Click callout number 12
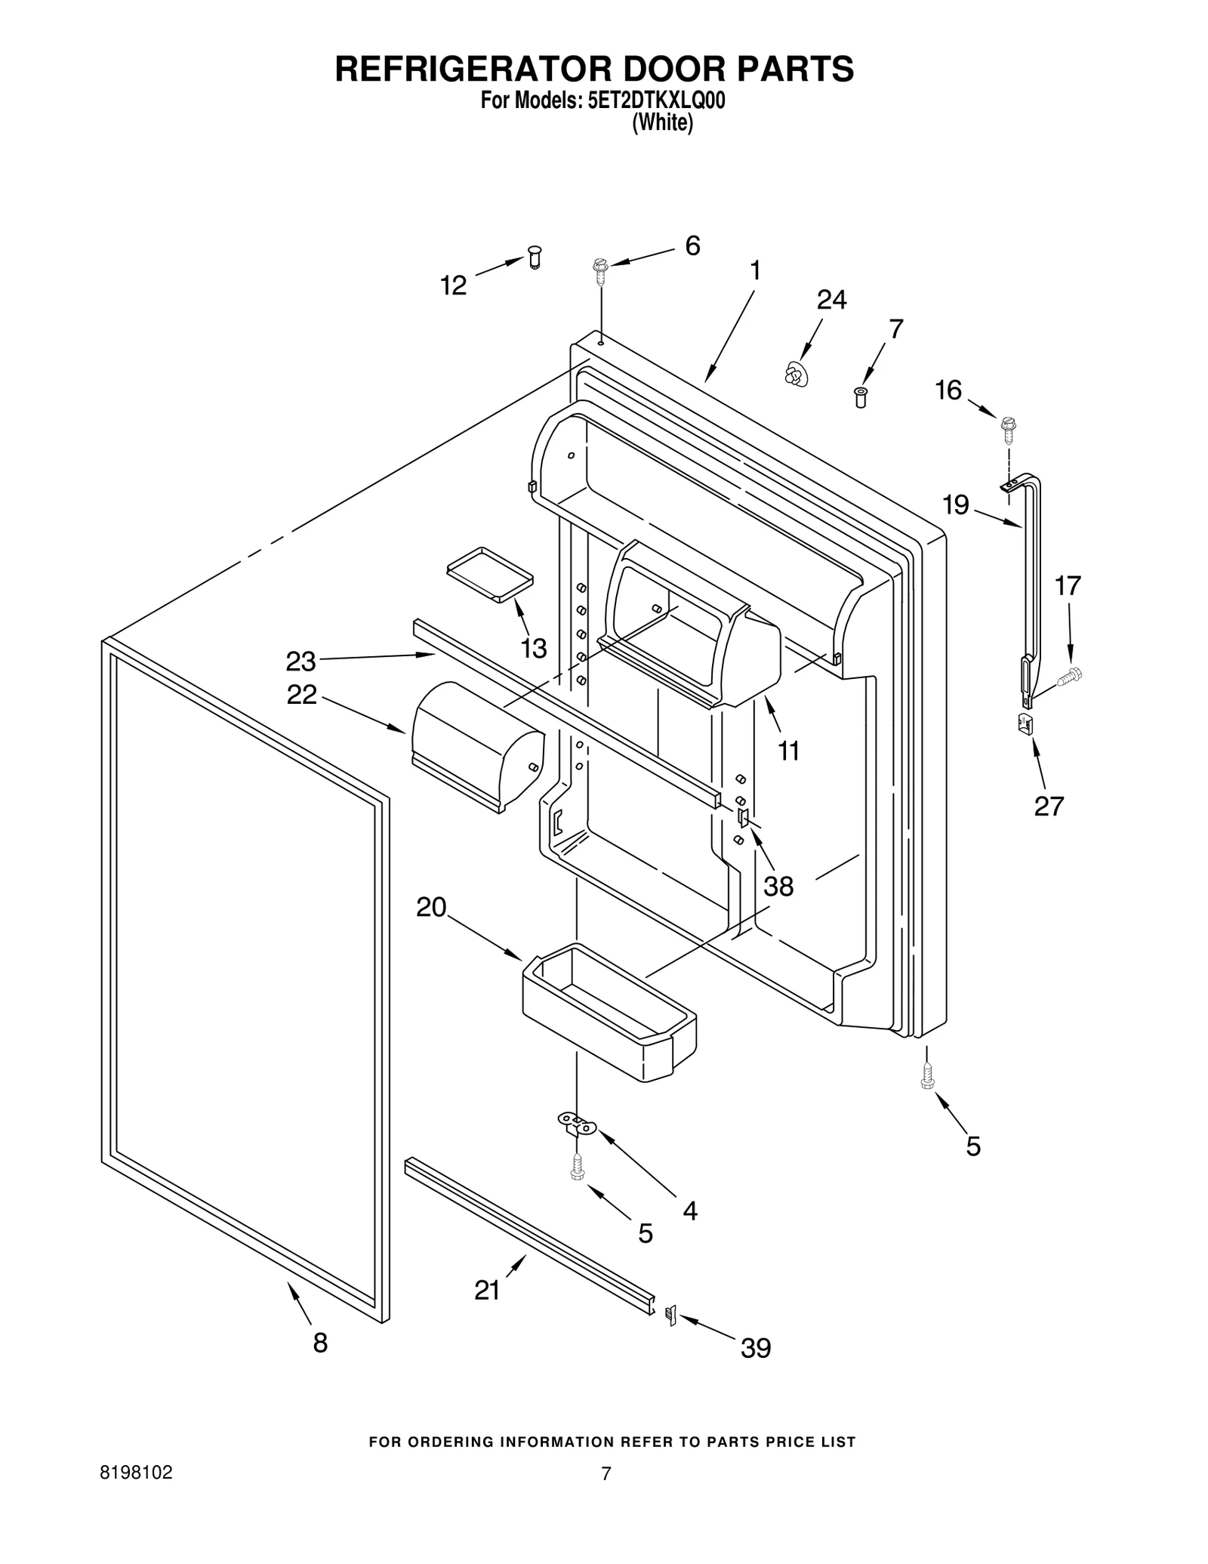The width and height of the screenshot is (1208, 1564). (453, 285)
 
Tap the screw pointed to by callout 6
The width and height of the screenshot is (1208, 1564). (601, 270)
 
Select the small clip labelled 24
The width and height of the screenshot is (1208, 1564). (793, 374)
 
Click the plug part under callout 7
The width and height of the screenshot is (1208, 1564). (859, 397)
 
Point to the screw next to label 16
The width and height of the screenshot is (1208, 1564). (1008, 428)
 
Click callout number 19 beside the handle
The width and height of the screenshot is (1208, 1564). (956, 504)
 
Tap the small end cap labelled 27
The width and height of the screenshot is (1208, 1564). (1025, 723)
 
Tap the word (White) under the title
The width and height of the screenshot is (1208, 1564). (662, 123)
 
